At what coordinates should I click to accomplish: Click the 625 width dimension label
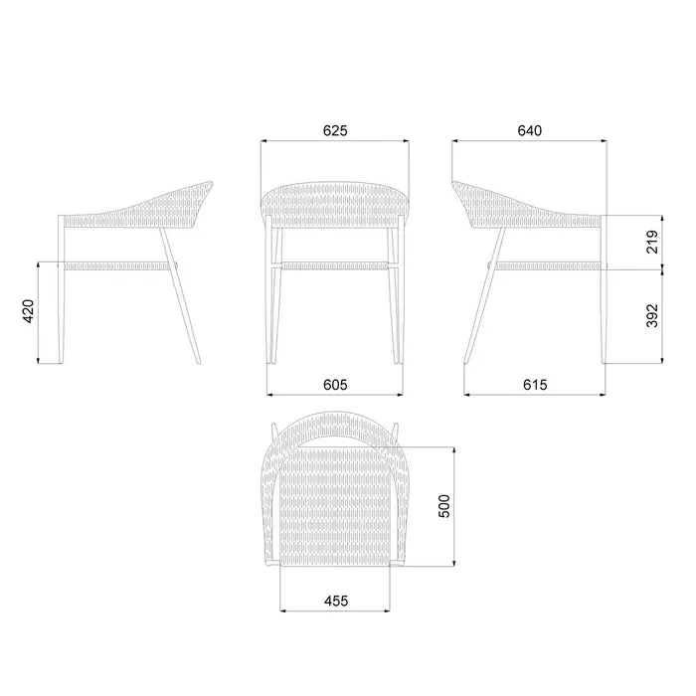(x=335, y=130)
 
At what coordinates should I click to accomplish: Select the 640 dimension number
(x=530, y=130)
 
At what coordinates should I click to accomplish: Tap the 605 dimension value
(x=335, y=385)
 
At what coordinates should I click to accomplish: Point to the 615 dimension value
(x=535, y=385)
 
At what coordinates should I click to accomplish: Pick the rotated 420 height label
(x=28, y=311)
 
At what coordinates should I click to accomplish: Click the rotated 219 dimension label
(x=652, y=242)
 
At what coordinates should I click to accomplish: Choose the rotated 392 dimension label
(x=652, y=315)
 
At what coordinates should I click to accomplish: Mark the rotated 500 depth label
(x=443, y=505)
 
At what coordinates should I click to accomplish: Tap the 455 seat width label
(x=336, y=601)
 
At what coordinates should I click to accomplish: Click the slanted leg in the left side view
(x=180, y=296)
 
